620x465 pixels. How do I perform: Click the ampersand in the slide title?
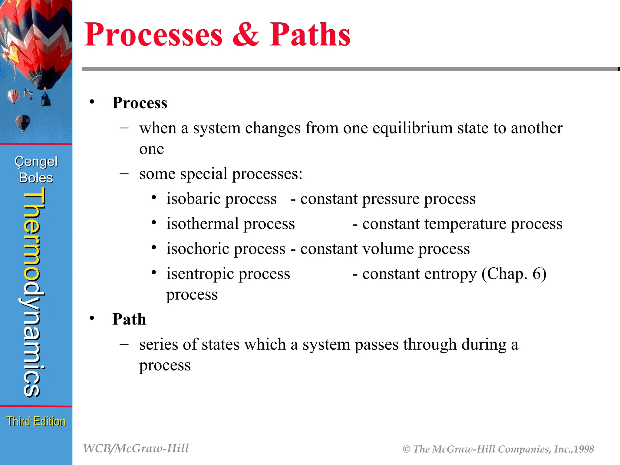[246, 35]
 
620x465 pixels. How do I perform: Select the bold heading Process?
[140, 103]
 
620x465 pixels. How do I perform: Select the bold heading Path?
[129, 319]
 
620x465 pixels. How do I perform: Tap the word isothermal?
[203, 224]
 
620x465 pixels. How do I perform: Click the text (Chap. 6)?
[514, 274]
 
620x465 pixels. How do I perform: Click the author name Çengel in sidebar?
[36, 162]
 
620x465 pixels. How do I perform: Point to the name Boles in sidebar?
[36, 178]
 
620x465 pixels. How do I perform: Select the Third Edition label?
[36, 421]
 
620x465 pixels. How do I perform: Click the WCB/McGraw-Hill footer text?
[136, 448]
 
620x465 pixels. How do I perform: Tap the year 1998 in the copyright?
[584, 449]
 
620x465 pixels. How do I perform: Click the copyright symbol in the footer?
[407, 449]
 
